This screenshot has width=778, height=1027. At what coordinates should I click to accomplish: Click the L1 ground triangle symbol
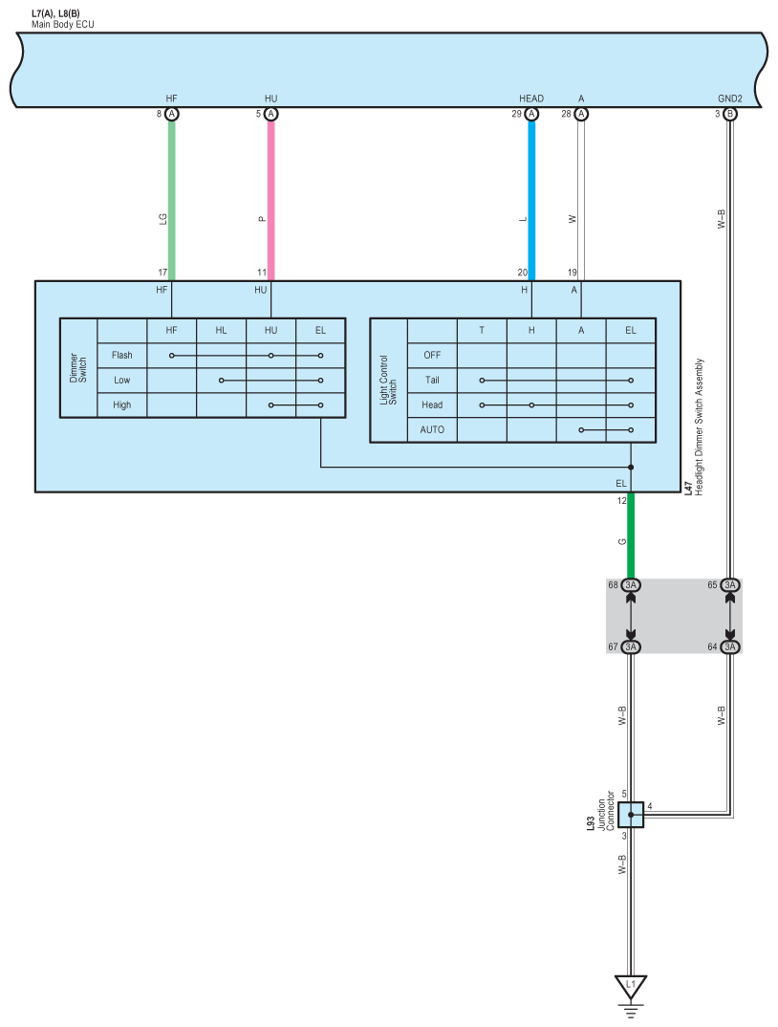(x=631, y=984)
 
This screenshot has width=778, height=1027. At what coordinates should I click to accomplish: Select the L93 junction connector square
(x=631, y=815)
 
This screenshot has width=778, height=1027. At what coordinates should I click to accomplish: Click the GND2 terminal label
(x=730, y=98)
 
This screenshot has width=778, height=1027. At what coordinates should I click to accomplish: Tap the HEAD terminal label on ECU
(x=531, y=98)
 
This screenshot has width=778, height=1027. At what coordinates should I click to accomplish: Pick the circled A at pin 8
(x=172, y=114)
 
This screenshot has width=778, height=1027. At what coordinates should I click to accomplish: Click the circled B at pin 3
(x=730, y=114)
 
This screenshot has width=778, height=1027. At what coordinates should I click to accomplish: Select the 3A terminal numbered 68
(x=631, y=585)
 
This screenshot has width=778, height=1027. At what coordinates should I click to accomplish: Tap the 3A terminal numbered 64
(x=730, y=647)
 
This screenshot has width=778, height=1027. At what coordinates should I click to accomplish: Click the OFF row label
(x=432, y=355)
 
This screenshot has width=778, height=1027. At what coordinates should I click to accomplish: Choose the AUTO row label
(x=432, y=429)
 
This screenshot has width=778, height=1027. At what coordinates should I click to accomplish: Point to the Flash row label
(x=121, y=355)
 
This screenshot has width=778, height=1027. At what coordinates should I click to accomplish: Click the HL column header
(x=221, y=330)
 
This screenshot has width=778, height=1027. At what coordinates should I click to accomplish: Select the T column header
(x=482, y=330)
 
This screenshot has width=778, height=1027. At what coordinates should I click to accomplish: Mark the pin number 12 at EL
(x=621, y=499)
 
